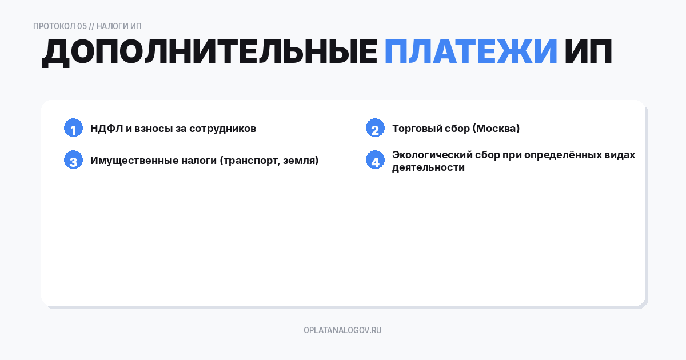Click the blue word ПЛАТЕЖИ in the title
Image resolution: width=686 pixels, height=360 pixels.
click(x=470, y=53)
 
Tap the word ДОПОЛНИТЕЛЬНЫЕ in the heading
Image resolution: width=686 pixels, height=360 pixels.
click(x=209, y=53)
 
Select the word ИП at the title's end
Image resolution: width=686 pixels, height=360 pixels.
click(x=588, y=53)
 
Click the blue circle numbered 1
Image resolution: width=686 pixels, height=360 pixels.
click(x=73, y=129)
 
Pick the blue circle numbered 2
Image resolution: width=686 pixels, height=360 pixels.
click(x=375, y=129)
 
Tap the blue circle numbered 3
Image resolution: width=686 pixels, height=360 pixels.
click(x=73, y=161)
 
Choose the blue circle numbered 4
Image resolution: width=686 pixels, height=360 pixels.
click(x=375, y=161)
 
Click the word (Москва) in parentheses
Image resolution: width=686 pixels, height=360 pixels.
click(x=496, y=129)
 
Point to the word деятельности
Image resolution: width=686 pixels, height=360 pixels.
click(x=428, y=167)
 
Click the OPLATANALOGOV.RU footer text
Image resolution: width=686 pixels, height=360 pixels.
click(x=342, y=330)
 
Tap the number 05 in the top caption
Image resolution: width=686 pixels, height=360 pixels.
click(x=82, y=26)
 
